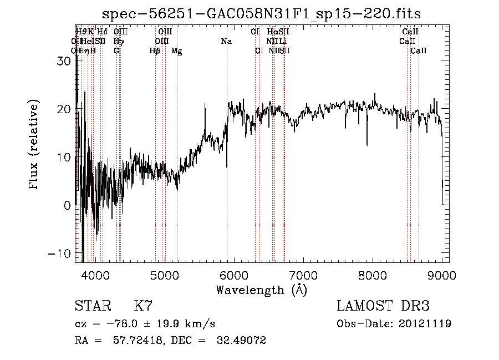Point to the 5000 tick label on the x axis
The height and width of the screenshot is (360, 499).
[x=164, y=275]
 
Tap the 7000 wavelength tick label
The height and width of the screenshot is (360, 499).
[x=303, y=275]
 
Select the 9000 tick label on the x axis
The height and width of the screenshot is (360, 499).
[x=442, y=275]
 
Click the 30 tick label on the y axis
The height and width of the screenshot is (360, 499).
[x=64, y=62]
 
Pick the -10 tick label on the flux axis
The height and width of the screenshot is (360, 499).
[x=60, y=253]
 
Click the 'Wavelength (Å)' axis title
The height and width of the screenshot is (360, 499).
[x=261, y=290]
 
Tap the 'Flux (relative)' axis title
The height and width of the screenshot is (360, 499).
[x=35, y=145]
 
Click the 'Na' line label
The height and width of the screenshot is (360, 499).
[x=226, y=42]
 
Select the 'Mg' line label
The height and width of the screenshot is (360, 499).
[x=176, y=51]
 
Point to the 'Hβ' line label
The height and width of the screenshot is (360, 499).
[x=155, y=51]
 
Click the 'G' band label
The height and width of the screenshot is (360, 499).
[x=116, y=51]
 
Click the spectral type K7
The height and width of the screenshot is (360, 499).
[x=143, y=306]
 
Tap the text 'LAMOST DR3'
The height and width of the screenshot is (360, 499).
[x=383, y=306]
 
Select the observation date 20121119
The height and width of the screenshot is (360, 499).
[x=427, y=324]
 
